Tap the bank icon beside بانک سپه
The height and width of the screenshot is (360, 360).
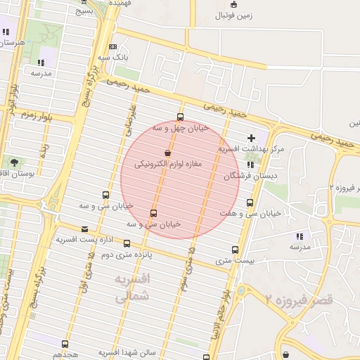point(113,46)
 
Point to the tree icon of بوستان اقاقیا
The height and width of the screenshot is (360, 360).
point(14,162)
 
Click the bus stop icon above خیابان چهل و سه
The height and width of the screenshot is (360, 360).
point(181,117)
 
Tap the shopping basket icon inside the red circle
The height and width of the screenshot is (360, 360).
point(167,153)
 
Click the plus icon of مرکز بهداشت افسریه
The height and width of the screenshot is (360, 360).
point(251,137)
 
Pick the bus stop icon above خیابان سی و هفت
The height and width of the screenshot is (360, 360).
point(250,202)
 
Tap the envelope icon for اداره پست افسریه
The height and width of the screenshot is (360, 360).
point(85,229)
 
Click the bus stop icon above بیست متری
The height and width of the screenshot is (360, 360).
point(235,250)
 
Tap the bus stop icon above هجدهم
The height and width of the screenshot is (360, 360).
point(65,345)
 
